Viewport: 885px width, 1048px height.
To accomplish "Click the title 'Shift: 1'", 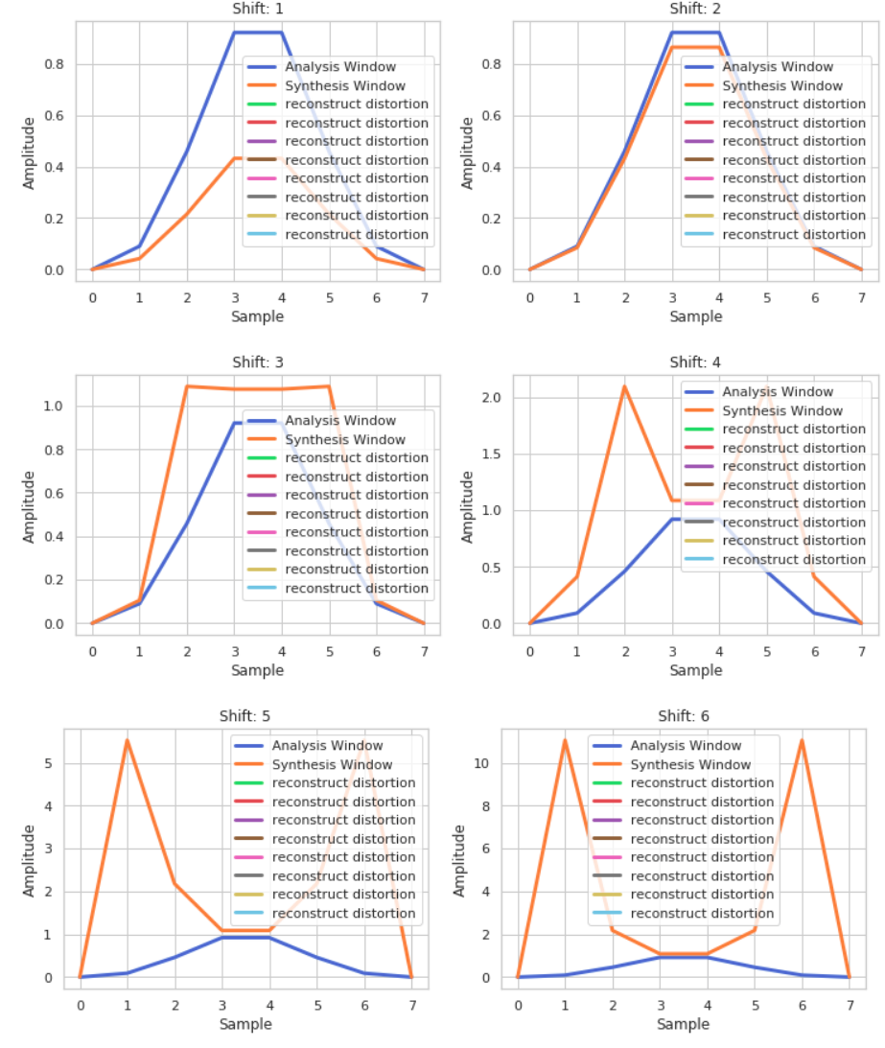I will (x=258, y=9).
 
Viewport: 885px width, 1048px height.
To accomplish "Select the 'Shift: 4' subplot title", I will (x=696, y=362).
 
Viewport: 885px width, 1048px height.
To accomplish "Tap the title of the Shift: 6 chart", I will (x=683, y=716).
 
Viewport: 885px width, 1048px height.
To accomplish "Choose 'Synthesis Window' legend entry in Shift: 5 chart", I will (x=332, y=764).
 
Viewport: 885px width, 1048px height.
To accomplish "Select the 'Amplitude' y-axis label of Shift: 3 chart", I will (x=30, y=506).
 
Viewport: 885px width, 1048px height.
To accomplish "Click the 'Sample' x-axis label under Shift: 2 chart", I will (x=696, y=316).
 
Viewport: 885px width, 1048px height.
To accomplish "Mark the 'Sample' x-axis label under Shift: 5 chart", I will (x=245, y=1024).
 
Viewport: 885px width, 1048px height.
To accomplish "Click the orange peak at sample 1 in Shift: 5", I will (x=127, y=740).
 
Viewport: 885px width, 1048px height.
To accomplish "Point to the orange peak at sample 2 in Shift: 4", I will (x=624, y=386).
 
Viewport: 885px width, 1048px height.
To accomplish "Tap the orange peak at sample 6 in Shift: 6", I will (x=802, y=740).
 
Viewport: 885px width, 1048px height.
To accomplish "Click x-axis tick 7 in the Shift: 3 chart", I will (x=423, y=649).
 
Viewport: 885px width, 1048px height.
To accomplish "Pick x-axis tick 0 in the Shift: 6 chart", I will (x=518, y=1003).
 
